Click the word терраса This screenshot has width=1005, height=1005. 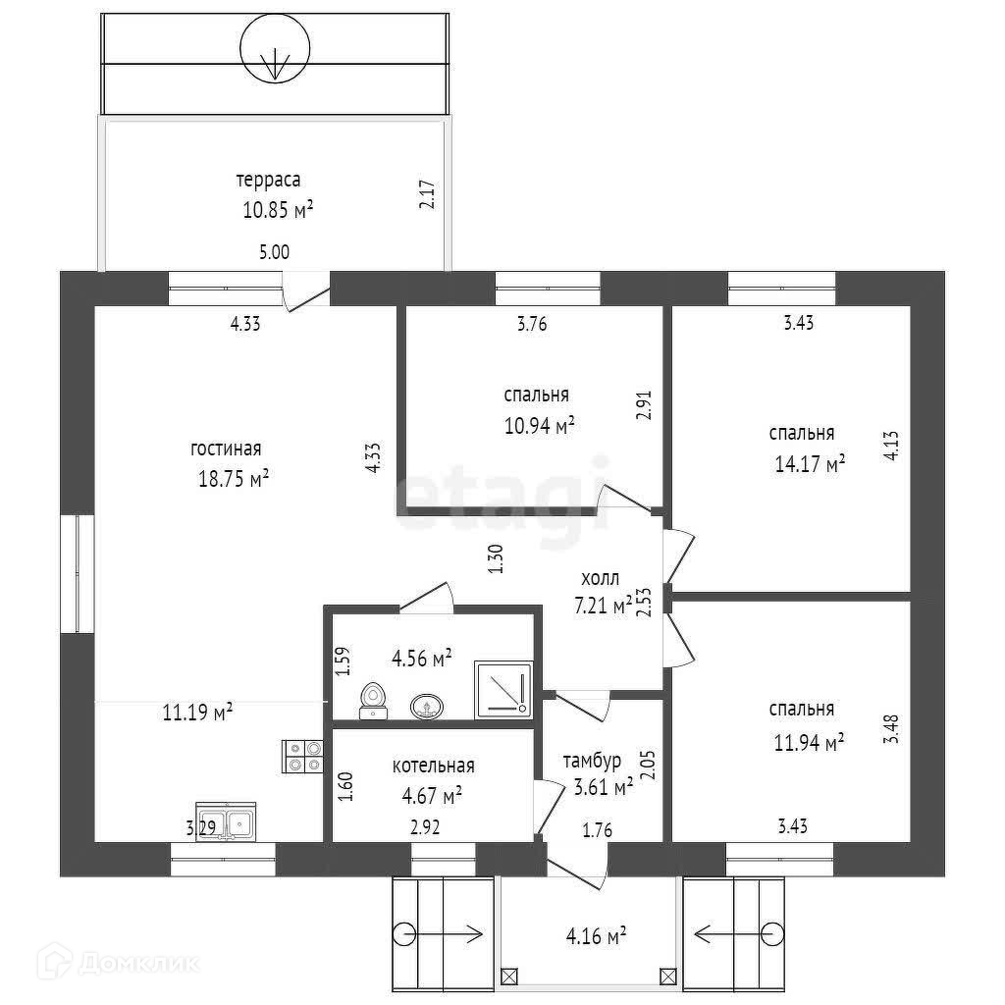tap(267, 181)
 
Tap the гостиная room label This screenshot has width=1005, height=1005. tap(226, 450)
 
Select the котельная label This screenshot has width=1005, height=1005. tap(433, 767)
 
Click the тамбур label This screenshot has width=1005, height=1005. tap(592, 762)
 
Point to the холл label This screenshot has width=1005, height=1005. tap(600, 578)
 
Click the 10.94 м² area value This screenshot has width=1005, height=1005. tap(537, 425)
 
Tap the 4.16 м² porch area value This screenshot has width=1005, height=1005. tap(596, 936)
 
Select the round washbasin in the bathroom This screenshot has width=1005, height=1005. tap(426, 705)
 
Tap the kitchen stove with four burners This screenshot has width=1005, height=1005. tap(301, 755)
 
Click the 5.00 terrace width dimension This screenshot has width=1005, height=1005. tap(274, 252)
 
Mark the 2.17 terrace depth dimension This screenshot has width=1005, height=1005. tap(426, 192)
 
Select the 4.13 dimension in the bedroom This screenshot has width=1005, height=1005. tap(890, 444)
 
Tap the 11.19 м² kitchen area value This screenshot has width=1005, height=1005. tap(197, 712)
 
